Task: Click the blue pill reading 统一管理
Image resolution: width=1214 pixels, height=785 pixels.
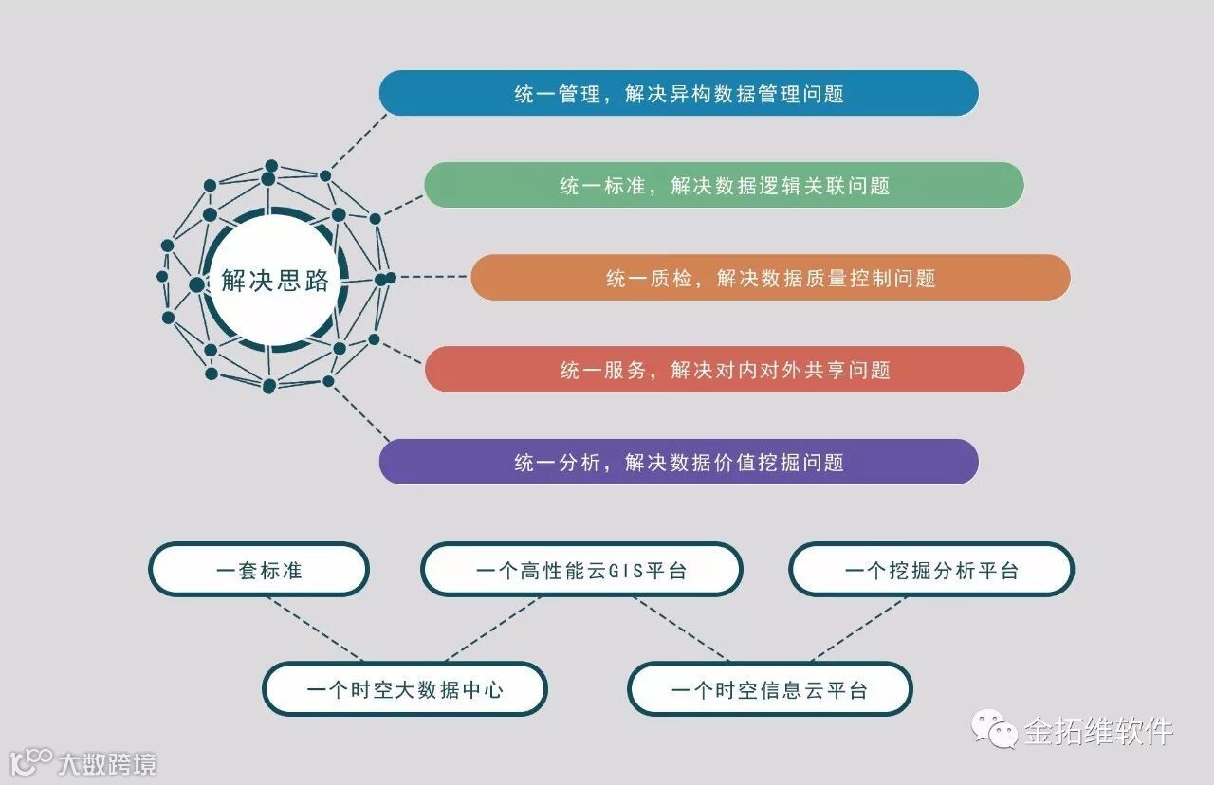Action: tap(678, 94)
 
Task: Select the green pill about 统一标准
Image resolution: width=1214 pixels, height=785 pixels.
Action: tap(724, 186)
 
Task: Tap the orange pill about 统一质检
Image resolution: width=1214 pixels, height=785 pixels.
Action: tap(770, 278)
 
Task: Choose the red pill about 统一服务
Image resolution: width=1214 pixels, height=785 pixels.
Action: tap(724, 370)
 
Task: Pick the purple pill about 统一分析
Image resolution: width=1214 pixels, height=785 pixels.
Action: tap(678, 463)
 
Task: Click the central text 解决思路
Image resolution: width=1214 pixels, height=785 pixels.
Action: tap(275, 282)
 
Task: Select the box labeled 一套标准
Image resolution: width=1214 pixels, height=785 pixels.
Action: tap(259, 571)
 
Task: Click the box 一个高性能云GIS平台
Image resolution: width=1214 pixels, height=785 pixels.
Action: tap(581, 571)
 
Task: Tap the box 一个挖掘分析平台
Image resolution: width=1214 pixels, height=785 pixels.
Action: tap(931, 571)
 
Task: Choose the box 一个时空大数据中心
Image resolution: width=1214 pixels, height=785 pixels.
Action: tap(405, 689)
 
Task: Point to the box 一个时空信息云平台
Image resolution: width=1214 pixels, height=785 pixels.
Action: tap(769, 689)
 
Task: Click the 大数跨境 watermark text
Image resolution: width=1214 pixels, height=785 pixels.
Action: tap(106, 764)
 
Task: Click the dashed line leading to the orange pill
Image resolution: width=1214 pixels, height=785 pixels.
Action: tap(432, 278)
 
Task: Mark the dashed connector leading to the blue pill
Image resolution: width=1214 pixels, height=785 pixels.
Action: tap(359, 142)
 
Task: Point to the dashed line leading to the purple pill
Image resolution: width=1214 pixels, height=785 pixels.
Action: tap(359, 413)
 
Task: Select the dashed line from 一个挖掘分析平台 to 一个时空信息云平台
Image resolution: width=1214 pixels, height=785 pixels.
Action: tap(858, 629)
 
